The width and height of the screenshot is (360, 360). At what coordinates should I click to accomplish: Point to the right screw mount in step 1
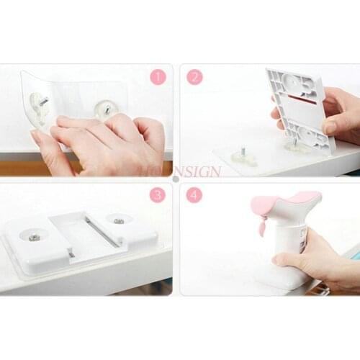[x=103, y=109]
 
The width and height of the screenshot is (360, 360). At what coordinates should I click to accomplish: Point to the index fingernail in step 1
[x=66, y=120]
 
